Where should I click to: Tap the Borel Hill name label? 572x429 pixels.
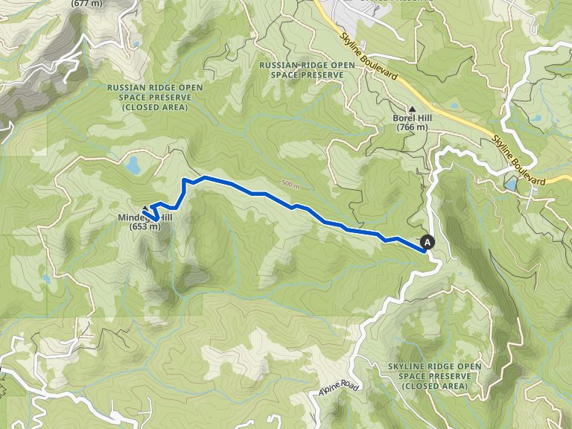(412, 118)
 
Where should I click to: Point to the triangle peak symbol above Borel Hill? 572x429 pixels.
(412, 108)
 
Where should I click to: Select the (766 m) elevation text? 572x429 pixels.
(412, 127)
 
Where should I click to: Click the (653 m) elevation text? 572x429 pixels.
(145, 227)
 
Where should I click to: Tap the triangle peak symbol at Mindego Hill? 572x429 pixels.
(145, 209)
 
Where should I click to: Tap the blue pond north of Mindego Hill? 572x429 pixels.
(134, 165)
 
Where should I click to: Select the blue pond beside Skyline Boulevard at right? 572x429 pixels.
(511, 184)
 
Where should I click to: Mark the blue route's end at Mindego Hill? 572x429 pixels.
(154, 218)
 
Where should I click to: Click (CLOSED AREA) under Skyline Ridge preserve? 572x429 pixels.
(434, 387)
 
